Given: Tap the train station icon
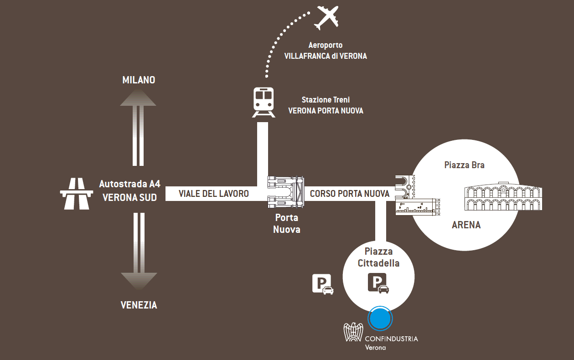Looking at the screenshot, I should [264, 102].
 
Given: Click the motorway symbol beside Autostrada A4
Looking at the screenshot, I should [74, 193].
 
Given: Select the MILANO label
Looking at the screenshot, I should [139, 80].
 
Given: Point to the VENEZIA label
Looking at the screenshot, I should [139, 305].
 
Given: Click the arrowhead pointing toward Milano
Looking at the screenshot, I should [138, 98].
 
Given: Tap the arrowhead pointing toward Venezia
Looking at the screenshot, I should [139, 281].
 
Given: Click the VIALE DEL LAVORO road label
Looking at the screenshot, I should [214, 194].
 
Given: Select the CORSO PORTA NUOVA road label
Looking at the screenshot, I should [350, 194].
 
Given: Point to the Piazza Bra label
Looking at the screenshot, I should [464, 165].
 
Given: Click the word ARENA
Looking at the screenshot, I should [466, 225].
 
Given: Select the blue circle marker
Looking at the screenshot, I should [380, 318].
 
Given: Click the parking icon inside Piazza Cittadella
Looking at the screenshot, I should [378, 283].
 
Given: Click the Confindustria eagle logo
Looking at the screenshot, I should [353, 332].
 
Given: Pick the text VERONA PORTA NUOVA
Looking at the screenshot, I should [326, 111].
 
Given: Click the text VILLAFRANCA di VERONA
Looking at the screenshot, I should [325, 56].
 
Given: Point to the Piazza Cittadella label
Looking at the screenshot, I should [378, 257].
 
